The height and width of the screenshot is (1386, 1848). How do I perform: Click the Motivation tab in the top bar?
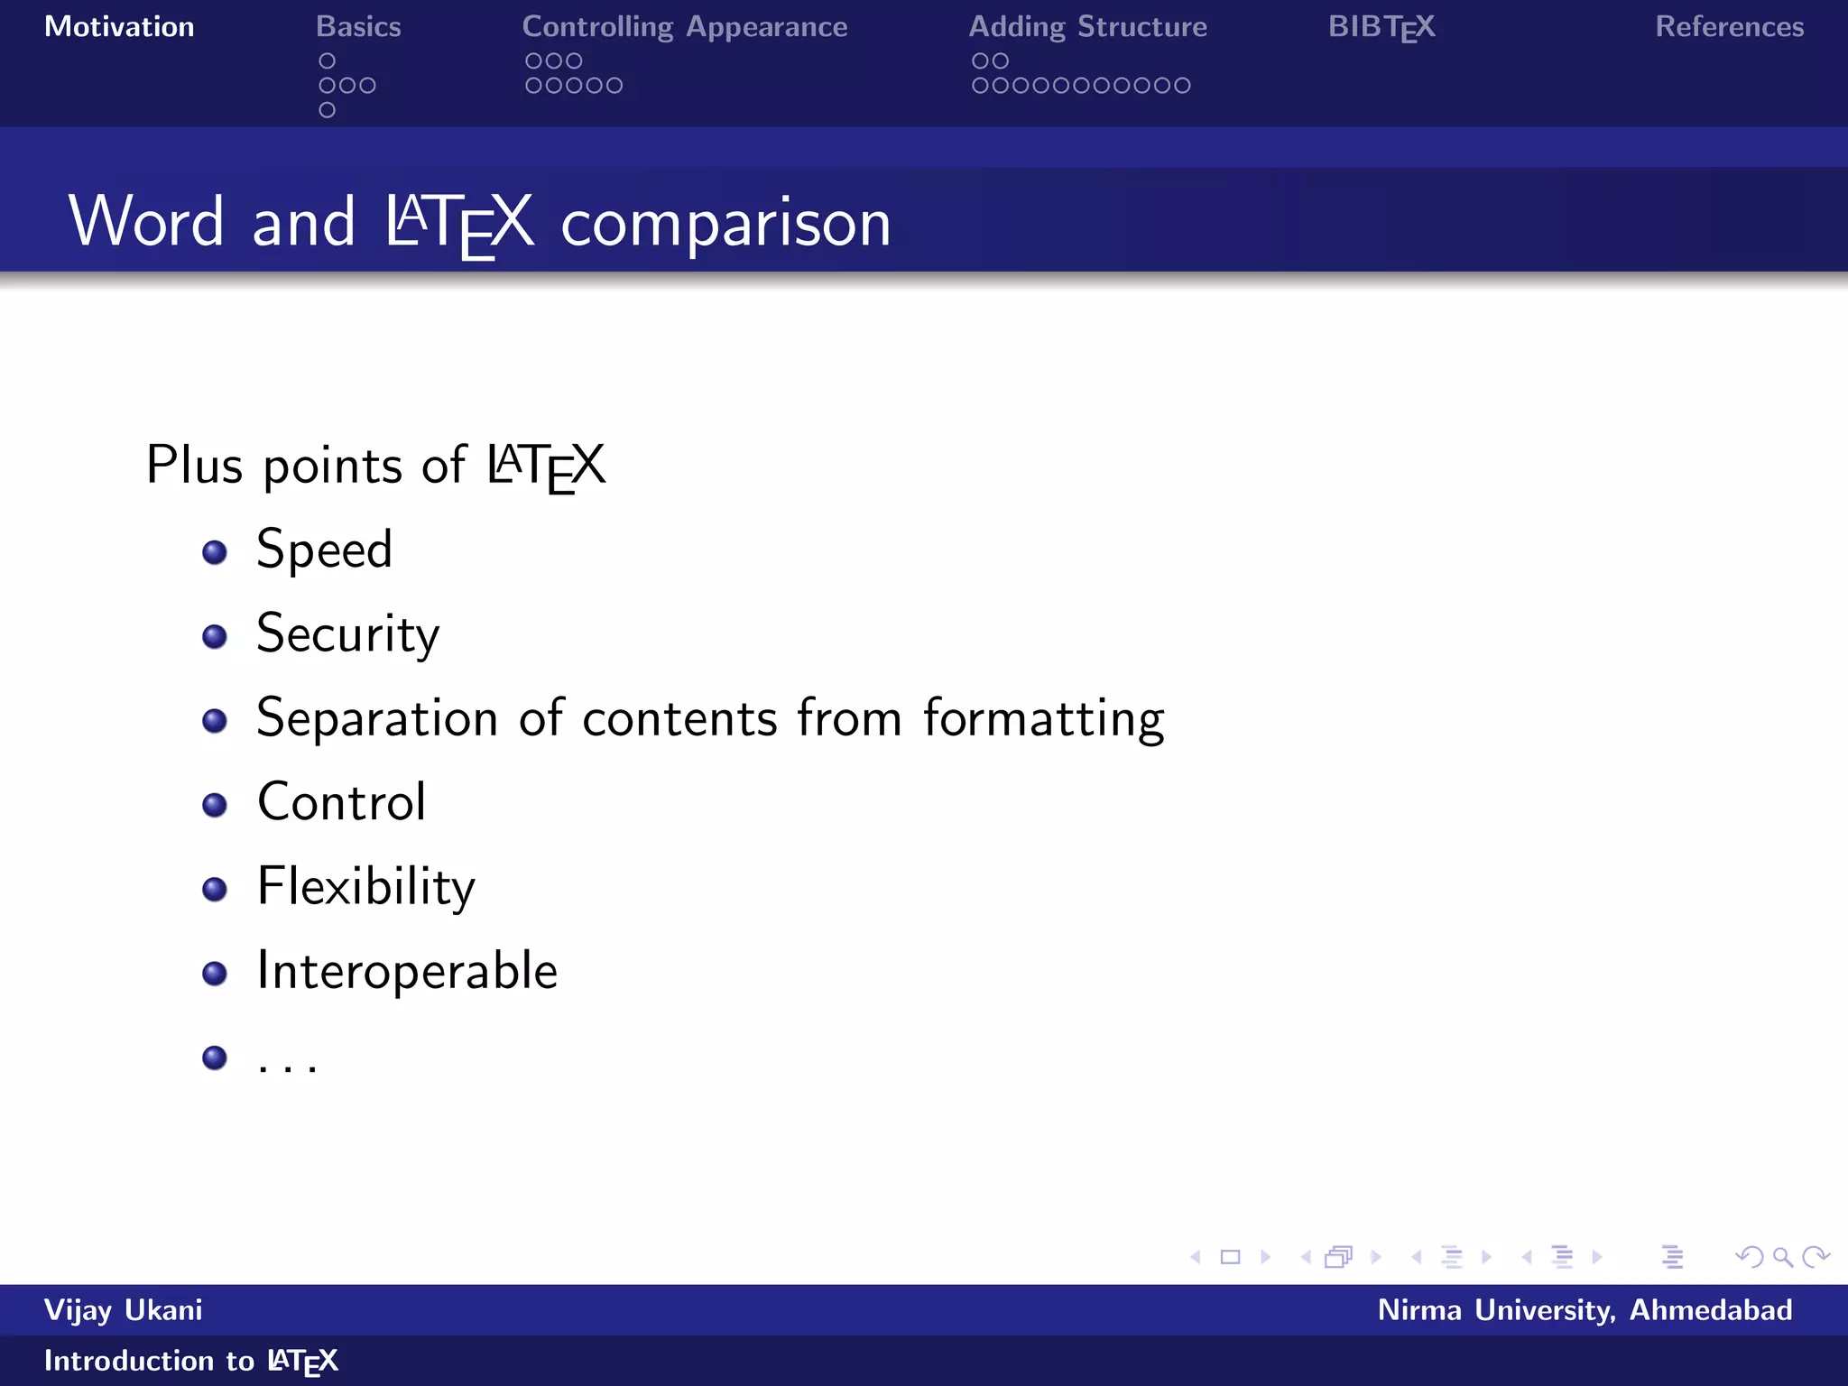119,27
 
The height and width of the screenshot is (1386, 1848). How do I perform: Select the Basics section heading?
358,27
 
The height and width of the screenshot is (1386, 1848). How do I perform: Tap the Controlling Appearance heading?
684,27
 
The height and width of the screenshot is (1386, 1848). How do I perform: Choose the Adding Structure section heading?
1087,27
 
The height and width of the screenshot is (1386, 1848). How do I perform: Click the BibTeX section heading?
1381,27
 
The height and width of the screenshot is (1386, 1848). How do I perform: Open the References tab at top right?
1729,27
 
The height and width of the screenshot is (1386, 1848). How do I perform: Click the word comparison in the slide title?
725,223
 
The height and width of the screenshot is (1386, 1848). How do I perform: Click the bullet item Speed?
324,550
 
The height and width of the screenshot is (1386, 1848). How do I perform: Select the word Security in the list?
347,634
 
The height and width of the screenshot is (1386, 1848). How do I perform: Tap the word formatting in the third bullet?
1043,719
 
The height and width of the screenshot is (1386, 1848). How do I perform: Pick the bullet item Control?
341,802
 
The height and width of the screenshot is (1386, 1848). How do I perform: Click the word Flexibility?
365,887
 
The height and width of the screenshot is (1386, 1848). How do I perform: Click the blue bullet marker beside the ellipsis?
215,1057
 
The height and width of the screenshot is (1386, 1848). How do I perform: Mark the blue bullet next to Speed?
215,551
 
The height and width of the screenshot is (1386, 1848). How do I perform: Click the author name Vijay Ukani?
124,1309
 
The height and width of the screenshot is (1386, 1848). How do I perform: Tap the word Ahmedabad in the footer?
1710,1309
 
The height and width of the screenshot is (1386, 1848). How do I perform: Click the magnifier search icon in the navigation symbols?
1781,1256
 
